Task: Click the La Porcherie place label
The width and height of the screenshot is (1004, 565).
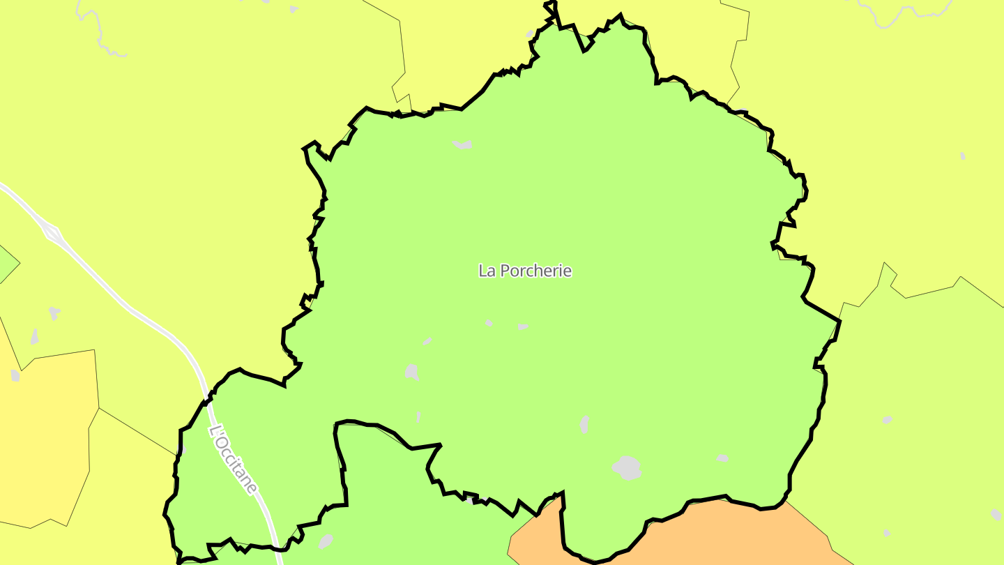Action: click(x=524, y=271)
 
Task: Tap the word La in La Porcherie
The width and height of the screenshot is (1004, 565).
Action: click(x=487, y=271)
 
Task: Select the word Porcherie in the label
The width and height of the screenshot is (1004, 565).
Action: click(x=535, y=271)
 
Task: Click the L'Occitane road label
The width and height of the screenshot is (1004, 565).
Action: click(x=234, y=460)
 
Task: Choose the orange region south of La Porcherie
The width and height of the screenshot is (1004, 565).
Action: click(x=697, y=541)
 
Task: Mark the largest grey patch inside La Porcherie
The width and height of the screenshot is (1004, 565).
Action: click(x=627, y=467)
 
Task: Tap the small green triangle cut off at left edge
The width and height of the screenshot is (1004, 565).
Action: click(x=7, y=264)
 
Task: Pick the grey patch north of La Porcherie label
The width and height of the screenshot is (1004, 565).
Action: click(x=462, y=144)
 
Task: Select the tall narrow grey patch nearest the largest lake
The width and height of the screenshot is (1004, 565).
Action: click(x=584, y=423)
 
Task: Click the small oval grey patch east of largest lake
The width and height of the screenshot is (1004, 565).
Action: click(x=722, y=458)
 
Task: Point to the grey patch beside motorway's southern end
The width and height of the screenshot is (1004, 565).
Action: click(x=325, y=541)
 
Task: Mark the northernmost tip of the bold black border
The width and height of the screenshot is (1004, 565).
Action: click(x=551, y=3)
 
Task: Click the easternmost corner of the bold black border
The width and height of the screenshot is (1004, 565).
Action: click(x=840, y=321)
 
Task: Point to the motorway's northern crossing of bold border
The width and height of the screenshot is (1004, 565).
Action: click(x=207, y=400)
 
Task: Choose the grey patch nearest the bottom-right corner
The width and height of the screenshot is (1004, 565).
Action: click(x=996, y=514)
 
